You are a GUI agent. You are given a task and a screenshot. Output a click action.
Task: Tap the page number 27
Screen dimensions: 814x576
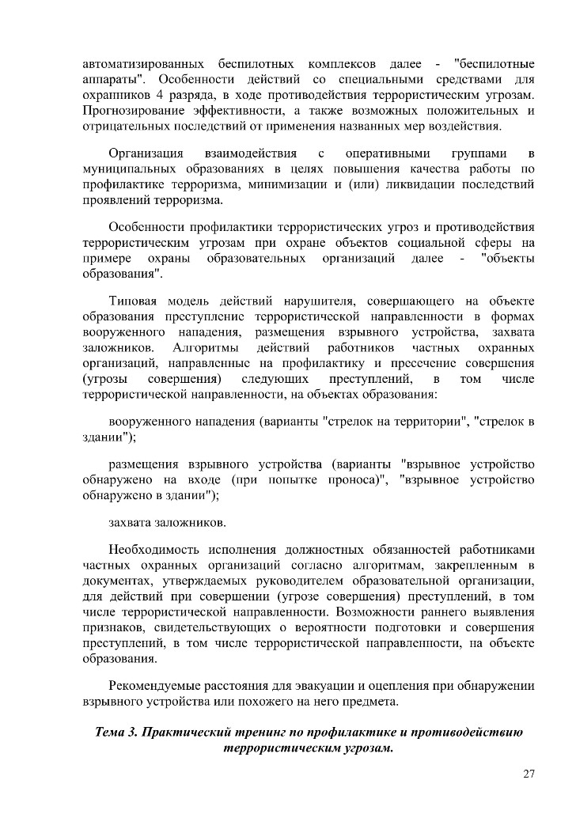point(529,774)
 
